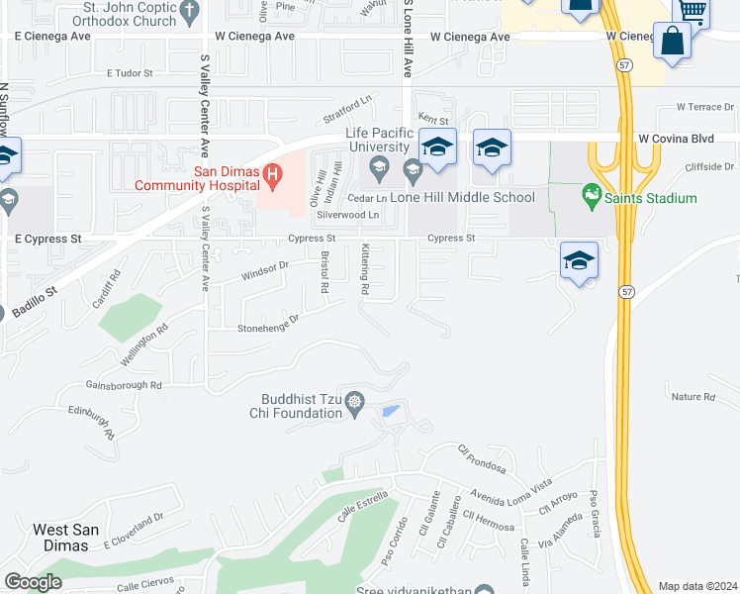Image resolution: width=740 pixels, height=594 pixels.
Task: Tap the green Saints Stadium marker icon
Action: (x=593, y=197)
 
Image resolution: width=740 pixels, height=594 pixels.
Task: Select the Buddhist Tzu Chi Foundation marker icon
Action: (x=355, y=404)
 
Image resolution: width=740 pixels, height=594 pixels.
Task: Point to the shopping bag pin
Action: (x=672, y=43)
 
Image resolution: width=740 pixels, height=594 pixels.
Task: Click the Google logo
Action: (x=33, y=582)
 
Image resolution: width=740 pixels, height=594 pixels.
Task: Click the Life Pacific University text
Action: (x=377, y=141)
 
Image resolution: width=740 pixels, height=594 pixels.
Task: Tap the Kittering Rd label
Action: (x=365, y=270)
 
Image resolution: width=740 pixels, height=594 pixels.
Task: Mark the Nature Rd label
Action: (x=693, y=397)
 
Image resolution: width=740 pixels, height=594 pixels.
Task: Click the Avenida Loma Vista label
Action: (x=510, y=490)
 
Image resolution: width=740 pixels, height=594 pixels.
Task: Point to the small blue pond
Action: (x=392, y=411)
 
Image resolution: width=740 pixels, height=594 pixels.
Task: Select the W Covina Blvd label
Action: (x=676, y=140)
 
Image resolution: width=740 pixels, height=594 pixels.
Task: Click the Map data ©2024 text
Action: (x=697, y=586)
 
